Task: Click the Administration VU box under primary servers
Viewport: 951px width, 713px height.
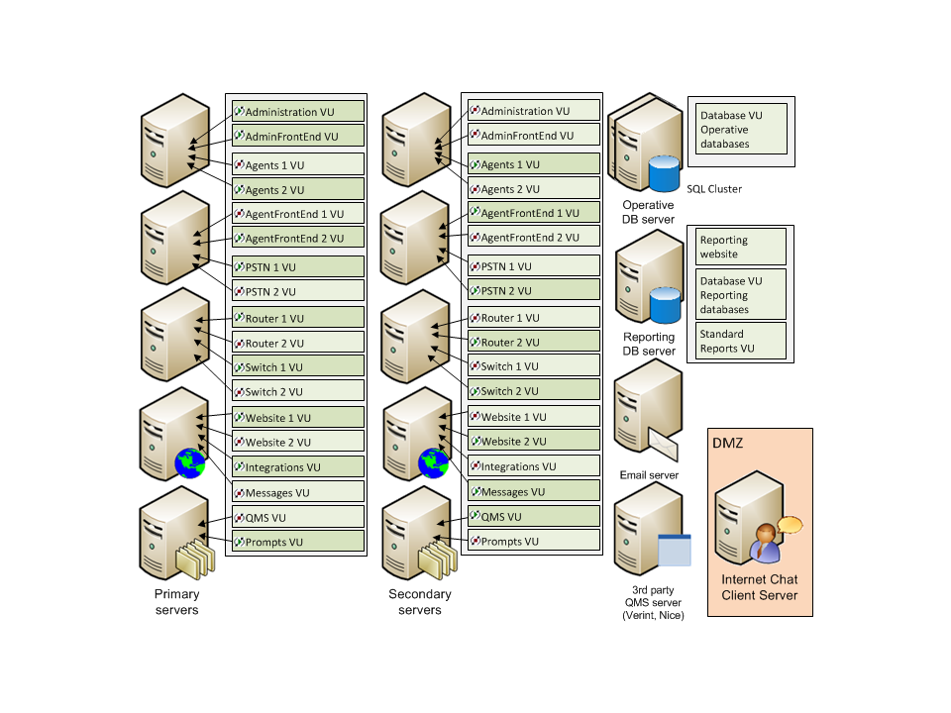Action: (x=297, y=112)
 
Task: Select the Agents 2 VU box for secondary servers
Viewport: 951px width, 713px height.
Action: (x=533, y=189)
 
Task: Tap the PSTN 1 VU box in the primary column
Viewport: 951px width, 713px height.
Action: (x=297, y=267)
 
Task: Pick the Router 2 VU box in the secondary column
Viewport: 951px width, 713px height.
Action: (x=533, y=343)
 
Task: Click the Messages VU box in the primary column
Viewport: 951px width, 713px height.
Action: (x=297, y=492)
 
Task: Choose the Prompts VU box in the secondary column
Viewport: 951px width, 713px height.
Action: (x=533, y=542)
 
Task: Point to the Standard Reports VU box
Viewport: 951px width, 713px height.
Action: (x=741, y=341)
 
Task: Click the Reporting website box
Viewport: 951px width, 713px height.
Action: (x=741, y=247)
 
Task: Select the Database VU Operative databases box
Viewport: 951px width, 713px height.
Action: (x=741, y=130)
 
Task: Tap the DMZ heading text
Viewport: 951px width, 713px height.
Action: (x=727, y=444)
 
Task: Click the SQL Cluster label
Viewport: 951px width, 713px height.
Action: (x=713, y=189)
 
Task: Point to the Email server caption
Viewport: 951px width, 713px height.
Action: (x=649, y=475)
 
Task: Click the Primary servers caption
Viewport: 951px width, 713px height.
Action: (x=176, y=602)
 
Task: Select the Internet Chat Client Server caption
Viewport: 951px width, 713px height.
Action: (x=759, y=587)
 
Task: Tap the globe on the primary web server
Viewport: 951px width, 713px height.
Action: (x=190, y=462)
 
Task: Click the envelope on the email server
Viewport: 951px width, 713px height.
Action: (x=665, y=448)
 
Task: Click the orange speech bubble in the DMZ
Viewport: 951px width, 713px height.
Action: (x=790, y=525)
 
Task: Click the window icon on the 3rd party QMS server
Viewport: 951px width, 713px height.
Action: (x=675, y=550)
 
